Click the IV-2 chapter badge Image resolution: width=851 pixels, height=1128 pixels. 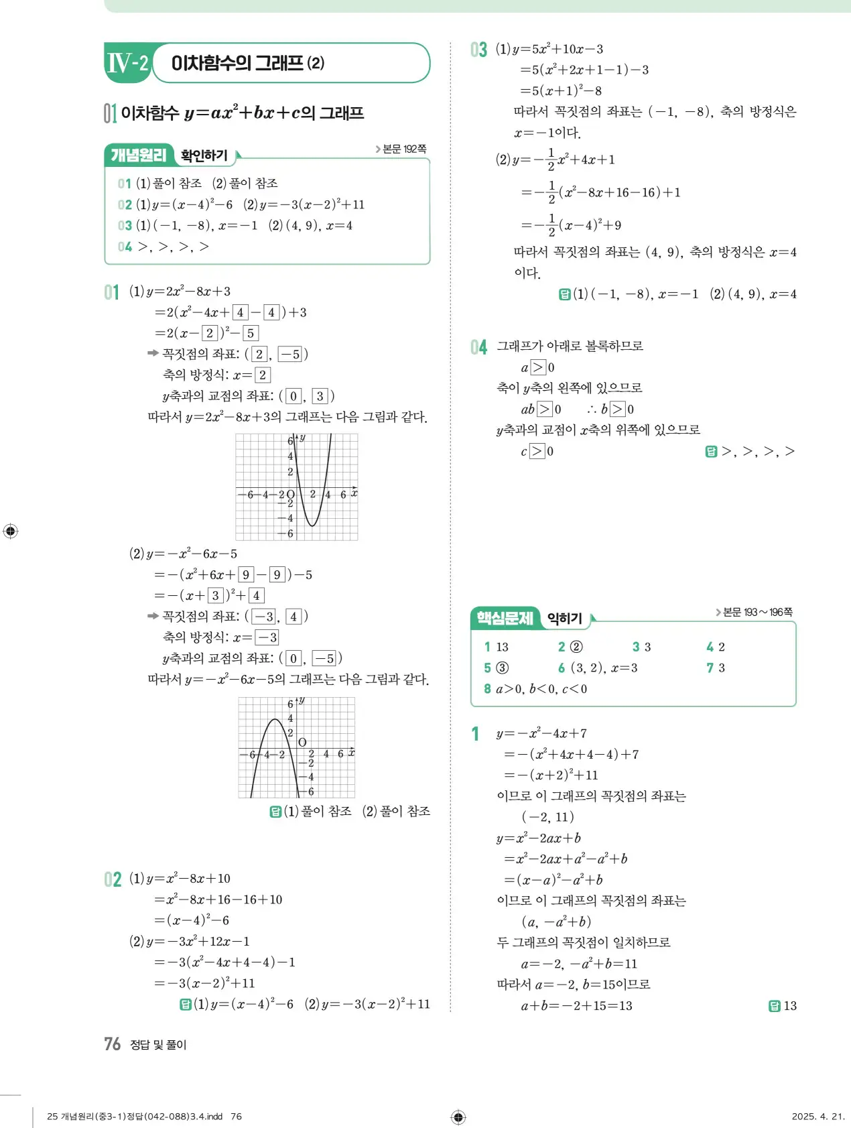[127, 63]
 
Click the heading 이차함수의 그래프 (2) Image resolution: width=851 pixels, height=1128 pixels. [248, 63]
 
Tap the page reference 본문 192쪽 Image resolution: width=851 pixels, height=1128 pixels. [401, 149]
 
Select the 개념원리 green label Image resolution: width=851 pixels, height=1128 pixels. [138, 155]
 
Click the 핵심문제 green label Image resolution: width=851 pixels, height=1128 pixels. [505, 618]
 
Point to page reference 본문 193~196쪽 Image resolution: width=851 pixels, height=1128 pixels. [755, 612]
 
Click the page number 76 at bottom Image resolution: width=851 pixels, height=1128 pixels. [112, 1044]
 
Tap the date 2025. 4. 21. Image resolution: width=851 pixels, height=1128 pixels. [817, 1116]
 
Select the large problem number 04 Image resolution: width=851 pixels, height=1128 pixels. [478, 347]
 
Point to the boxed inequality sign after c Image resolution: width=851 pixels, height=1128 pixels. [537, 451]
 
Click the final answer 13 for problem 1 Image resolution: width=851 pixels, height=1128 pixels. [790, 1005]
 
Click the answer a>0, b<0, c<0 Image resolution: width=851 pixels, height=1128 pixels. [541, 688]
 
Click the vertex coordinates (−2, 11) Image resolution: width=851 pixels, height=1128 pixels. [548, 816]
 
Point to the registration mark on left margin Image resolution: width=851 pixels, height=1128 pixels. [10, 531]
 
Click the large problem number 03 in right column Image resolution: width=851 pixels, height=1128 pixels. [478, 50]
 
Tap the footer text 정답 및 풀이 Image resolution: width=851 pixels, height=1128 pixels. [158, 1044]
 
